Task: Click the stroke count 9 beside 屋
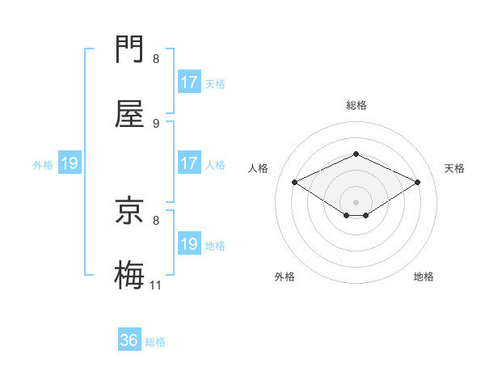[156, 123]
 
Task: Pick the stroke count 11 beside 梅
[156, 285]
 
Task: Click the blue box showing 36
[129, 340]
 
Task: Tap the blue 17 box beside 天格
[189, 82]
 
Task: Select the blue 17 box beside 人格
[189, 163]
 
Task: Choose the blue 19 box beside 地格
[189, 244]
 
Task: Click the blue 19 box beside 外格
[70, 163]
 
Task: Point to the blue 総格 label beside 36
[155, 342]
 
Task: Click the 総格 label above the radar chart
[356, 105]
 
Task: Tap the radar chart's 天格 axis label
[454, 168]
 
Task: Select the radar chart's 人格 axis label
[258, 168]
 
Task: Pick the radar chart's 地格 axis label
[424, 277]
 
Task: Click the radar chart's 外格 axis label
[285, 277]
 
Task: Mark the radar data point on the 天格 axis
[417, 182]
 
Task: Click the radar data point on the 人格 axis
[295, 182]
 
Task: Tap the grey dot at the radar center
[356, 201]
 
